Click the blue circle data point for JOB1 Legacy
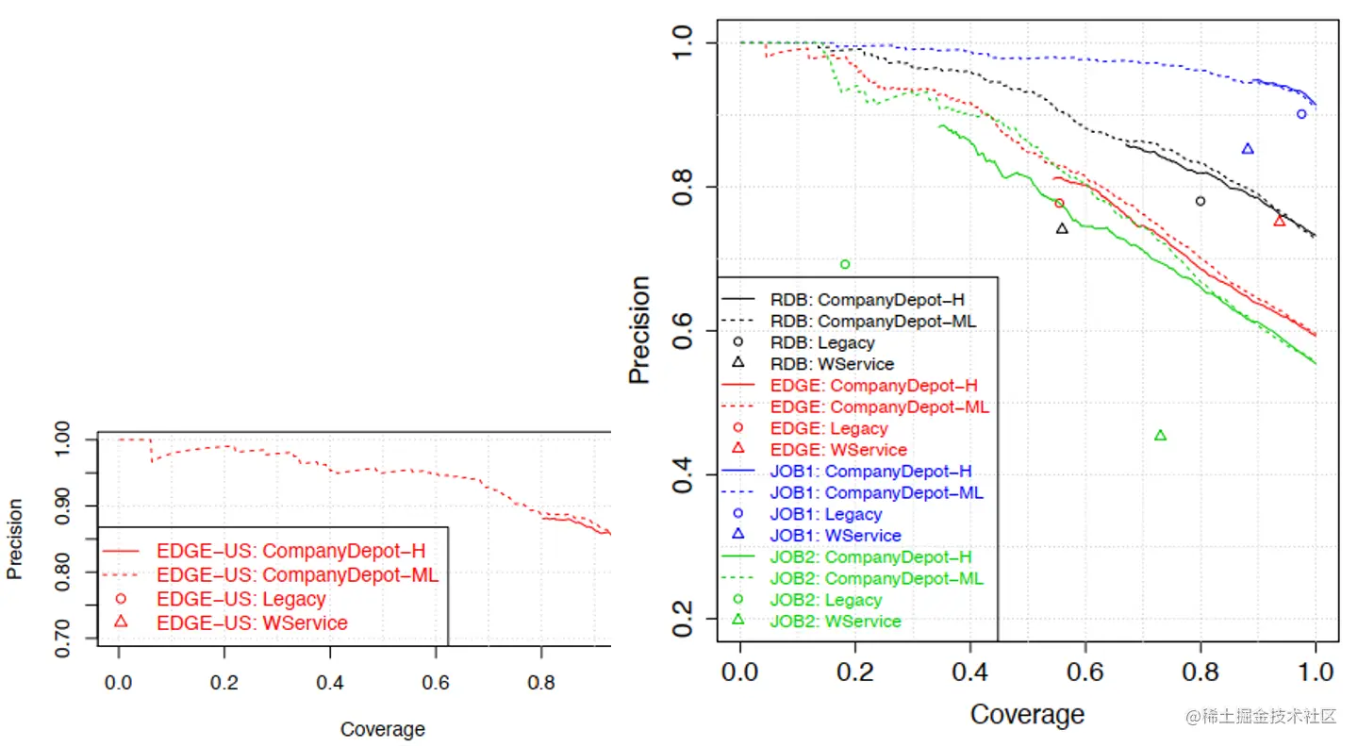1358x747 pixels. pos(1301,114)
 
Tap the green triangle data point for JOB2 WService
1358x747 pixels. pos(1160,435)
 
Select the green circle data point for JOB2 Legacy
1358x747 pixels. pos(845,264)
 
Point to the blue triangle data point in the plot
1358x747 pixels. pos(1248,149)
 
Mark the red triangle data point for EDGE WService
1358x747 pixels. pos(1280,221)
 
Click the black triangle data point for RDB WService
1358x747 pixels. pos(1062,228)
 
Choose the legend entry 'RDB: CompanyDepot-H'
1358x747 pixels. pos(868,300)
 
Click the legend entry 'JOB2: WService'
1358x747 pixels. pos(836,621)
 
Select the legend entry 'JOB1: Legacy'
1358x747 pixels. pos(825,514)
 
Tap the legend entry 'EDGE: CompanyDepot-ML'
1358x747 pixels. pos(880,407)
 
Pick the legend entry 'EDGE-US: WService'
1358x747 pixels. pos(252,622)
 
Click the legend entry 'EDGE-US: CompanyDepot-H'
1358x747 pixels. pos(284,550)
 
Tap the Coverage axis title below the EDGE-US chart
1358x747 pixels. pos(382,729)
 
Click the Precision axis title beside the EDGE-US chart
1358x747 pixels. pos(15,539)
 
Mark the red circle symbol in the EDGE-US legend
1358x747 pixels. pos(120,598)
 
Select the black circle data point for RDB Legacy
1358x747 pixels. pos(1200,201)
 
